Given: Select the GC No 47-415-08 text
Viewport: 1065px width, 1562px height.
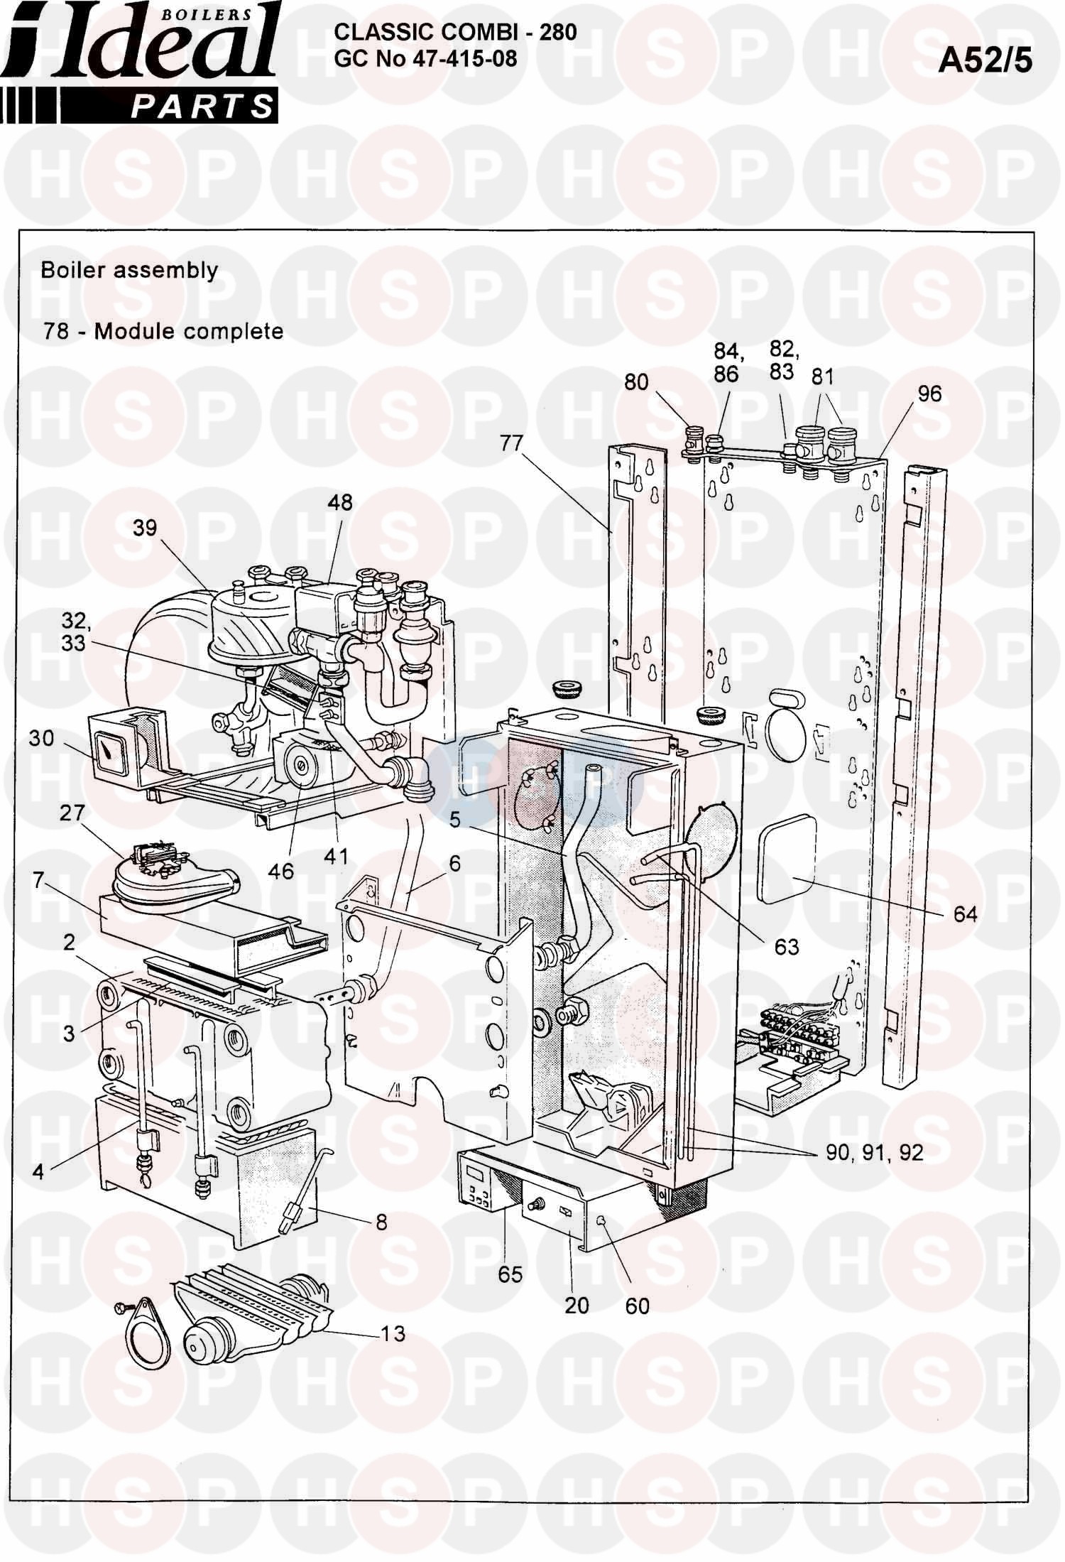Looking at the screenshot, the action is [x=425, y=58].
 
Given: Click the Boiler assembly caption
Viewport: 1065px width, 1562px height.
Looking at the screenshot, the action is [x=129, y=271].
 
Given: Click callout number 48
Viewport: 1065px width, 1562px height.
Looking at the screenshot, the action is [x=340, y=502].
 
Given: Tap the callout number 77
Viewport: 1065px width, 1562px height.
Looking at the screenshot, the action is [x=510, y=444].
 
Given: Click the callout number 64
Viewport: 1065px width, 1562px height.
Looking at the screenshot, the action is [x=965, y=913].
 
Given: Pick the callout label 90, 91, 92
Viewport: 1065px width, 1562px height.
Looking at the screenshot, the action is [x=874, y=1153].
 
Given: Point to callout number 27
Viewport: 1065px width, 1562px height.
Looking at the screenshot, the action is [x=71, y=813].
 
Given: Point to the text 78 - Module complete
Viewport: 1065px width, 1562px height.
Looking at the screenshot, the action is [x=163, y=331].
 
